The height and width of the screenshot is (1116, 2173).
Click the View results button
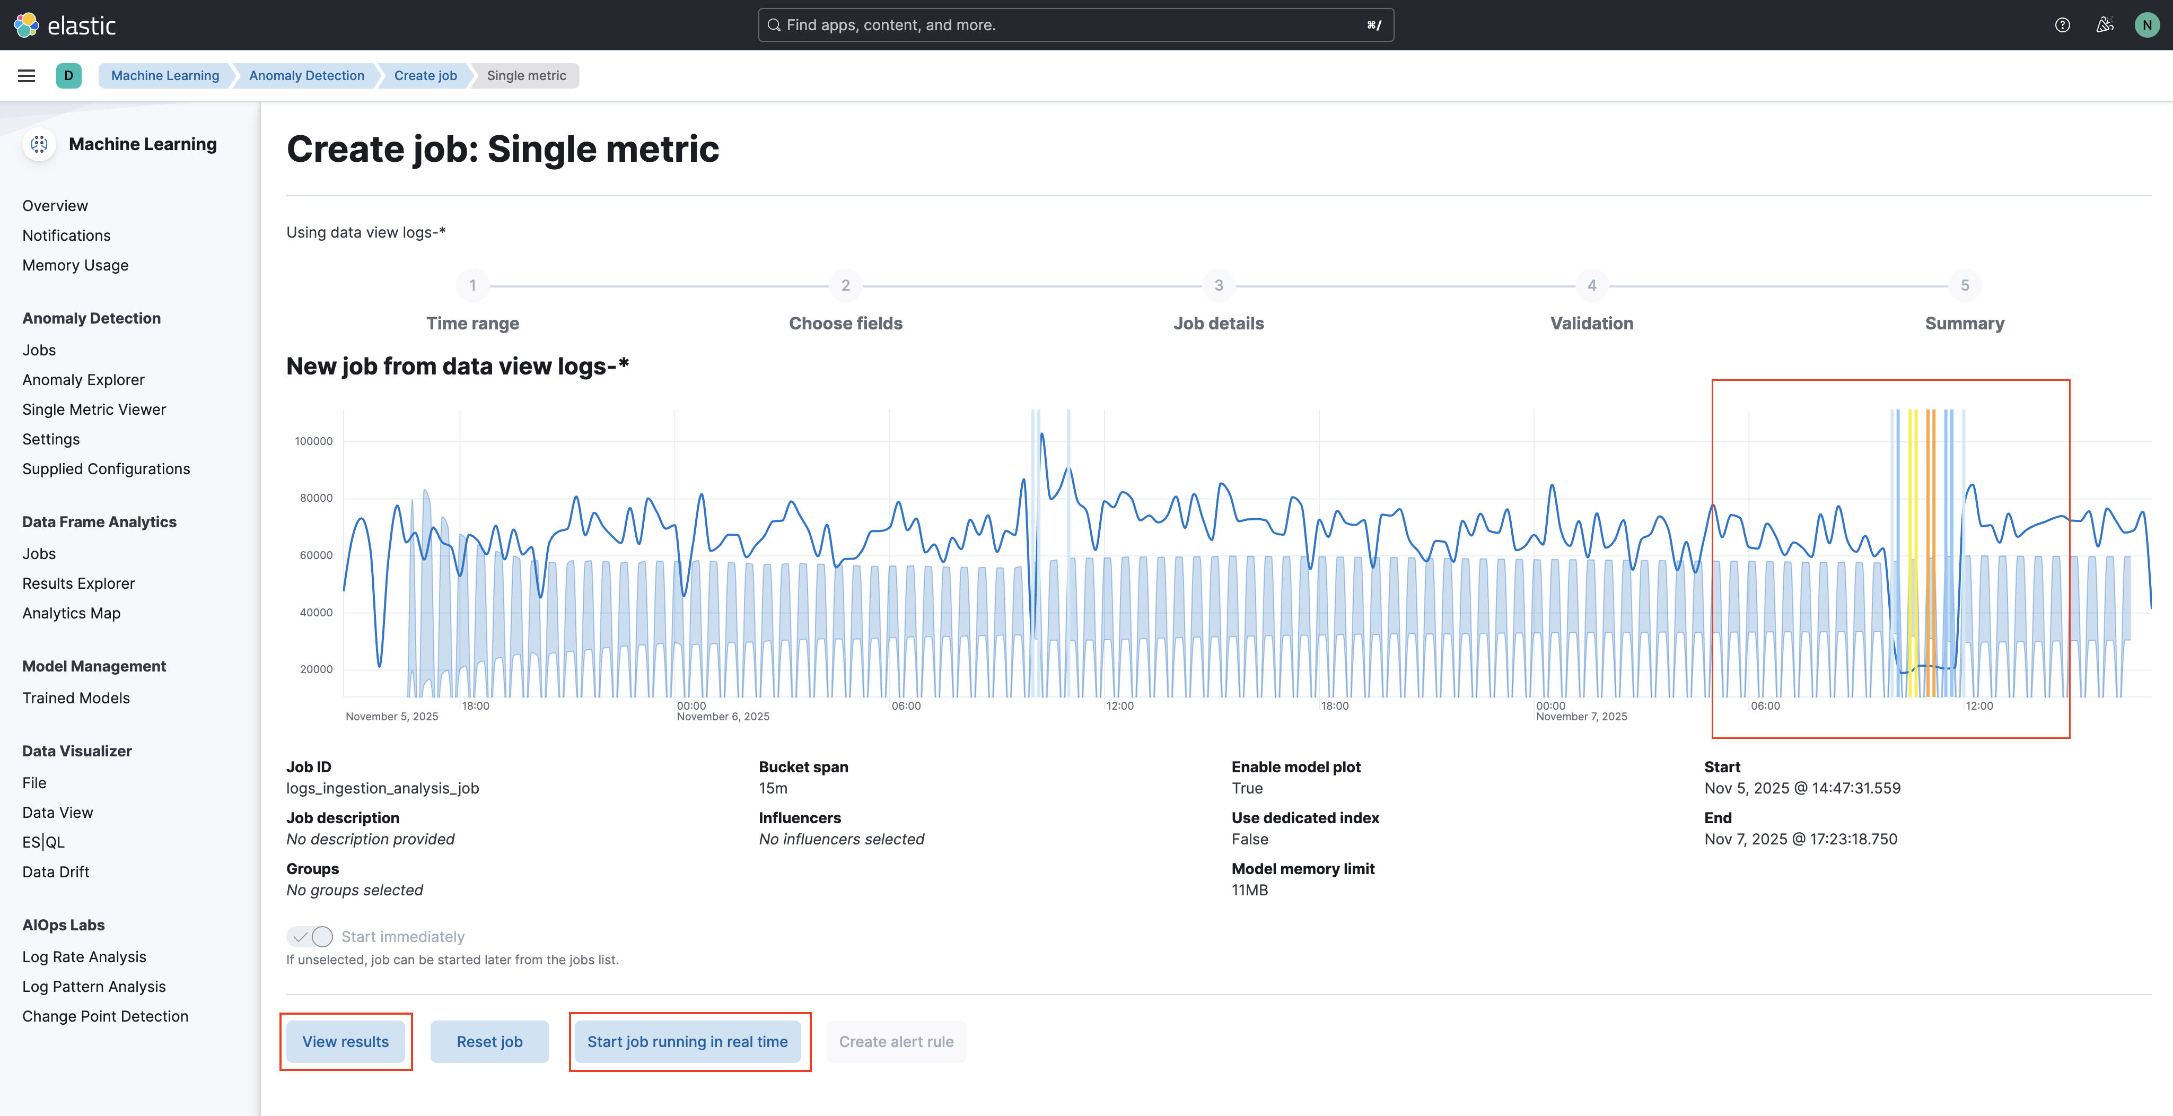(x=346, y=1042)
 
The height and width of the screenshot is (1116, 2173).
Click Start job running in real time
(x=688, y=1042)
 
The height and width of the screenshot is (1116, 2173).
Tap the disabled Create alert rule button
(x=896, y=1042)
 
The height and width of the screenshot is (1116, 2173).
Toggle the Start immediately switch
(x=310, y=936)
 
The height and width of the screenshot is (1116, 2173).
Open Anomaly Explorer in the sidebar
(x=83, y=380)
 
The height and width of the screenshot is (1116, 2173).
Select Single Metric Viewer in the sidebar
(x=94, y=409)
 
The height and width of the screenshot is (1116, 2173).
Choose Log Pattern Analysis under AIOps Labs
(x=94, y=986)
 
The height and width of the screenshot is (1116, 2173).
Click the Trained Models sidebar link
(x=76, y=697)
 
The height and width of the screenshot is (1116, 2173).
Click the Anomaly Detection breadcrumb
(x=306, y=76)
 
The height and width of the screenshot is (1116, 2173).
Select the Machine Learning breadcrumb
(x=165, y=76)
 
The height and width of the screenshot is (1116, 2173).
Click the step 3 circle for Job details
(x=1218, y=285)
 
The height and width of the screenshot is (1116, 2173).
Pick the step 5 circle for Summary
(x=1964, y=285)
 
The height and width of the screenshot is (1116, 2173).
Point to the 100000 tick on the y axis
(x=314, y=441)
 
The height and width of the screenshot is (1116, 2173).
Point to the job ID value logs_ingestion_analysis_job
(x=382, y=788)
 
